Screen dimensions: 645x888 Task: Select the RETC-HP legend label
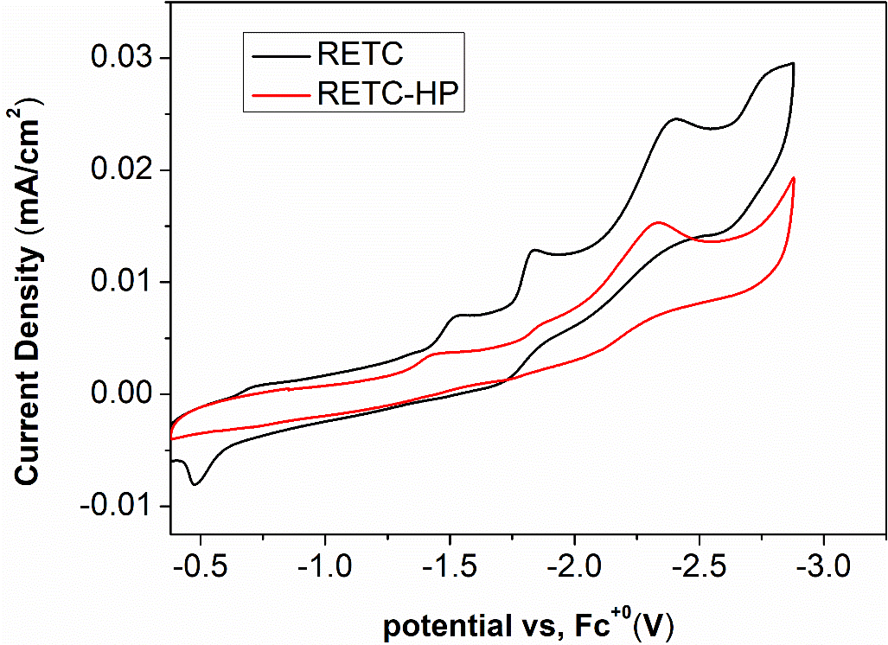(392, 93)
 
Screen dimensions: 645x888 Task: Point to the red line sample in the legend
(278, 93)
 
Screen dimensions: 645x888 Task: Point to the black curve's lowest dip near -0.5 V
(195, 485)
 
